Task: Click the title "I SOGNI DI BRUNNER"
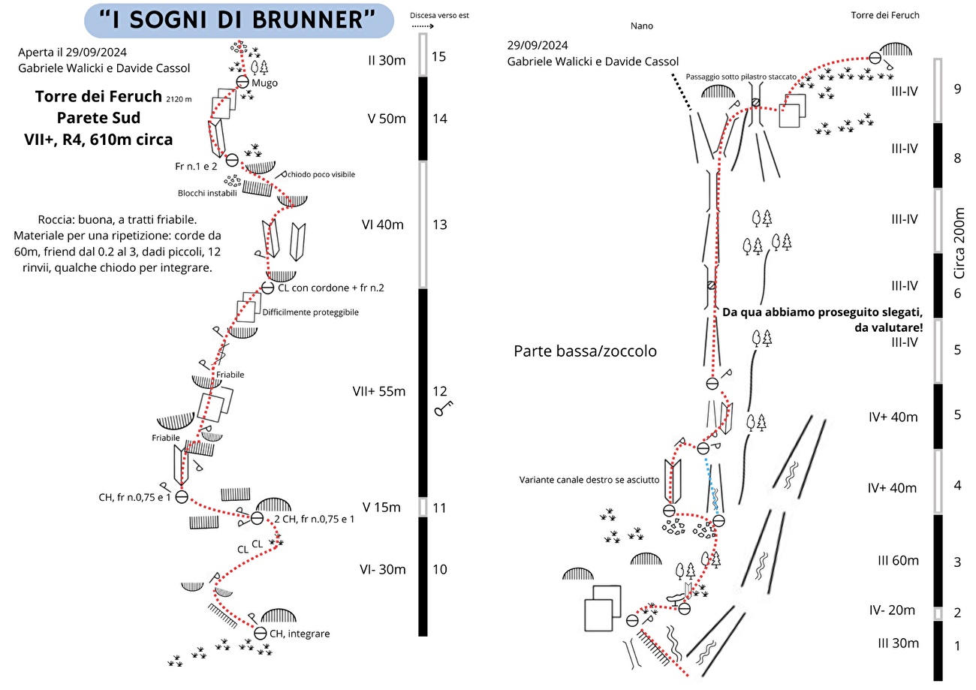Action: click(238, 20)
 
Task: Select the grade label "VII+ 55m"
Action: click(379, 391)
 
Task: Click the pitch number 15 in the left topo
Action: click(439, 56)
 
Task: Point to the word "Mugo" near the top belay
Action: click(265, 83)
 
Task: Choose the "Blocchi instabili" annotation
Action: click(207, 193)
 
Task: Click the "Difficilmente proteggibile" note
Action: click(311, 312)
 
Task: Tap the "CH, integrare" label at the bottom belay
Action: click(300, 633)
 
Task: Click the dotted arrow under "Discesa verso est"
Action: click(424, 26)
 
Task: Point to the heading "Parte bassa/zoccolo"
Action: click(586, 351)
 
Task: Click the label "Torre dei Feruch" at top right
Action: click(885, 15)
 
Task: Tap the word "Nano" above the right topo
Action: click(642, 26)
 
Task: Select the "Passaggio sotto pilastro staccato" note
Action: click(741, 77)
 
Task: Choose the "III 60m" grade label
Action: click(898, 560)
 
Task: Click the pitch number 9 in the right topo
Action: click(956, 89)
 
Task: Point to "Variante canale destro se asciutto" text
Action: click(589, 480)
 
